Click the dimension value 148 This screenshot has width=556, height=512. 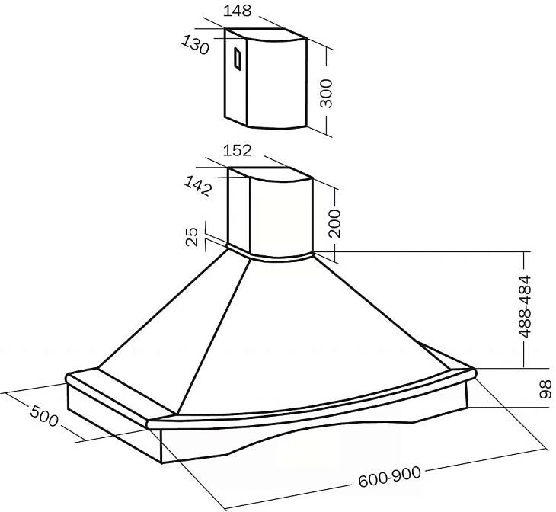tap(237, 11)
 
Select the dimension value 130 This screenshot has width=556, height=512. tap(195, 46)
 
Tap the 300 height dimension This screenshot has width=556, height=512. tap(326, 93)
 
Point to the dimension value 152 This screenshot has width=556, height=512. tap(237, 150)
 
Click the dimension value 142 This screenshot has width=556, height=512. tap(197, 186)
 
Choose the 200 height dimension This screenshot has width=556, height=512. tap(334, 223)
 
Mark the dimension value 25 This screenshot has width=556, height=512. tap(192, 237)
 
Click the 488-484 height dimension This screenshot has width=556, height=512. tap(525, 306)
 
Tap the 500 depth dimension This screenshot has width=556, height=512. tap(44, 416)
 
